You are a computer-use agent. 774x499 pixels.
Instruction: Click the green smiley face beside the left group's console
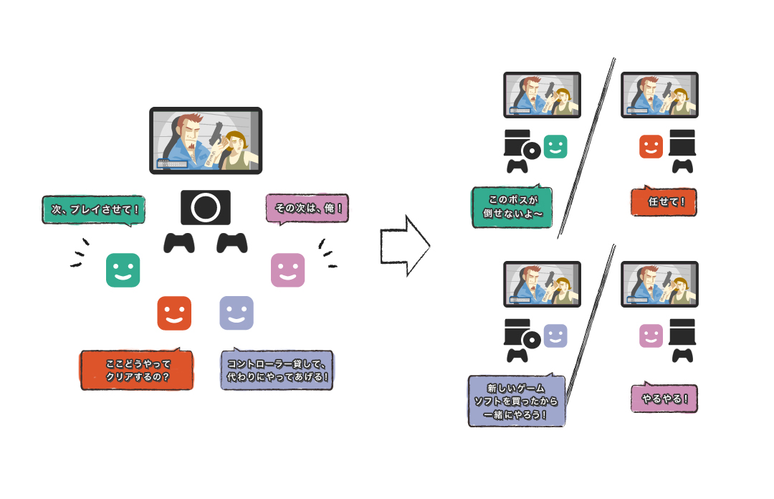(123, 270)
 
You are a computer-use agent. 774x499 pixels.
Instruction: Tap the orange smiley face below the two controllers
(174, 313)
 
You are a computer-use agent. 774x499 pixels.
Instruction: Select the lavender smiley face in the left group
(236, 313)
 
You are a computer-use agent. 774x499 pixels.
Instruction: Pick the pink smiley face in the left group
(288, 270)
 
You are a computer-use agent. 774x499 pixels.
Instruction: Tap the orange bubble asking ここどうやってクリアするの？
(137, 370)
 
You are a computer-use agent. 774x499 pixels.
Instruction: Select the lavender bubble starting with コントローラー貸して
(277, 370)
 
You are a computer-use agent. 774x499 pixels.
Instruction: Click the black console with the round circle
(206, 207)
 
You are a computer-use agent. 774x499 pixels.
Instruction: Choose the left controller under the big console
(179, 242)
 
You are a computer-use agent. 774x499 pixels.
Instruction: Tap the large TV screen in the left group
(206, 141)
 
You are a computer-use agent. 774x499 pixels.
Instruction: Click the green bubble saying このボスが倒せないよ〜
(512, 207)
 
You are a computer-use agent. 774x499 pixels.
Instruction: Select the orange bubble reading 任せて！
(664, 202)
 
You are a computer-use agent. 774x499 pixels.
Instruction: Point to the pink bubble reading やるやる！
(664, 399)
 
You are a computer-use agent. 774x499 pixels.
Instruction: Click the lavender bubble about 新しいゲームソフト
(516, 401)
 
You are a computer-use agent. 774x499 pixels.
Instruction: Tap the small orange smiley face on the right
(651, 147)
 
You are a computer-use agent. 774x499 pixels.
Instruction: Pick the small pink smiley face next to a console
(651, 336)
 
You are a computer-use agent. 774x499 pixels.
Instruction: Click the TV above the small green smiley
(542, 94)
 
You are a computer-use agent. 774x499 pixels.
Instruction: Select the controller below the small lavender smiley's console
(517, 354)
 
